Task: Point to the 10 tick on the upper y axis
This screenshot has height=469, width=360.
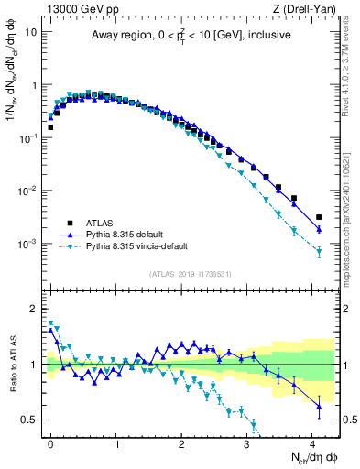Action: (x=31, y=32)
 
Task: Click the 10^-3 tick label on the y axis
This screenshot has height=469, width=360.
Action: (x=27, y=245)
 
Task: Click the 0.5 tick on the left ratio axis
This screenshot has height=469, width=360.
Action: (x=29, y=420)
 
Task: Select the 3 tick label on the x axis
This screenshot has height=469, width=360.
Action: (x=246, y=444)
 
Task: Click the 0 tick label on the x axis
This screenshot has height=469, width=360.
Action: (x=50, y=444)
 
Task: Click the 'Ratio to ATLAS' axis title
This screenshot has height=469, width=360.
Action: (x=12, y=364)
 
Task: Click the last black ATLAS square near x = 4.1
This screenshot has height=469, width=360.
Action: (x=319, y=217)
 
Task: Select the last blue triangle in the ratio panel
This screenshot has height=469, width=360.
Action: (x=319, y=405)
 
